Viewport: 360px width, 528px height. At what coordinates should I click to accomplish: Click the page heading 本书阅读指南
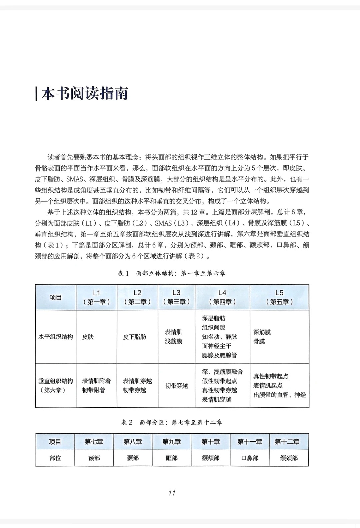tap(85, 94)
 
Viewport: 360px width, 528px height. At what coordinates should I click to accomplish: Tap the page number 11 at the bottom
tap(172, 493)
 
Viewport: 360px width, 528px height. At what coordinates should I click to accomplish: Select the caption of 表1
tap(172, 273)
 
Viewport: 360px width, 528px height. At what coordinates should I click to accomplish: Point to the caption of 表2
tap(172, 422)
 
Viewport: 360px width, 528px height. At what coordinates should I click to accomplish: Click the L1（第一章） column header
tap(96, 297)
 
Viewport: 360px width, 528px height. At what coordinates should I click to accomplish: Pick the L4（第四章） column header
tap(222, 297)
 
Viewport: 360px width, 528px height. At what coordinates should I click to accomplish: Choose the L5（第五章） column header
tap(279, 297)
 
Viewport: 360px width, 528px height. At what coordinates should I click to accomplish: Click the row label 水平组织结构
tap(56, 337)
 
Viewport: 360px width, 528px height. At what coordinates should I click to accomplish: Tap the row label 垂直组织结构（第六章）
tap(56, 385)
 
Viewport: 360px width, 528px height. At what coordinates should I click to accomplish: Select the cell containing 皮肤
tap(88, 337)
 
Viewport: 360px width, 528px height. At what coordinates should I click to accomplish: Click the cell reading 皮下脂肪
tap(135, 337)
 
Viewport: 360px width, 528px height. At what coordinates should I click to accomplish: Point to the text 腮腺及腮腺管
tap(219, 355)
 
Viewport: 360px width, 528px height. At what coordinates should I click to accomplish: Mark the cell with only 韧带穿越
tap(176, 386)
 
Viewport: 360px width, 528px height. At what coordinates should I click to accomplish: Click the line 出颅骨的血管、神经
tap(279, 395)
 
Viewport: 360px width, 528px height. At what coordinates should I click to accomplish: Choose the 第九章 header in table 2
tap(172, 442)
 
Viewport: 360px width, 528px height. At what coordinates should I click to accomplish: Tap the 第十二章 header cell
tap(287, 442)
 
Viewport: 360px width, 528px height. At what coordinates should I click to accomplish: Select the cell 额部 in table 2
tap(94, 458)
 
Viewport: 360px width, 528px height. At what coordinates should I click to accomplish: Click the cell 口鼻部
tap(250, 458)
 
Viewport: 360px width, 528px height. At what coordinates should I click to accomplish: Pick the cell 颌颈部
tap(289, 458)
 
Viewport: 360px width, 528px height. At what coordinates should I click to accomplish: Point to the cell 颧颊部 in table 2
tap(211, 458)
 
